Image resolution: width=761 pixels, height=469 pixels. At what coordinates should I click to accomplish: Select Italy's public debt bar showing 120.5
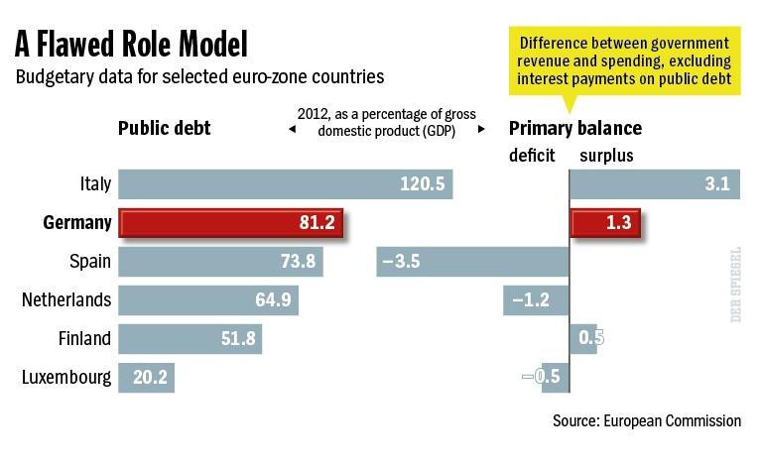[285, 183]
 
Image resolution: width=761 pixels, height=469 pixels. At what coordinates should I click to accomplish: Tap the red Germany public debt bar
[230, 223]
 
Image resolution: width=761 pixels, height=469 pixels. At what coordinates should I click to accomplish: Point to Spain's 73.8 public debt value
[298, 262]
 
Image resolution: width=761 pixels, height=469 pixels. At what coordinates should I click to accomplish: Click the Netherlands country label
[66, 299]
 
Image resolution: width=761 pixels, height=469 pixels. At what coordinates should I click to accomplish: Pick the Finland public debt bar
[190, 338]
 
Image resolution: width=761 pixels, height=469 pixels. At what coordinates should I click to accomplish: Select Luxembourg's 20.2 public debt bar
[146, 377]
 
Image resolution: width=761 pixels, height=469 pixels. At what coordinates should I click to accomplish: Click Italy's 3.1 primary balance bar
[655, 183]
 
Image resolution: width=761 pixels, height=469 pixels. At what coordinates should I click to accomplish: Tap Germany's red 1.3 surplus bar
[604, 223]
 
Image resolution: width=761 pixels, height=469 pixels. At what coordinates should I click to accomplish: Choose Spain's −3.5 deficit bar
[472, 262]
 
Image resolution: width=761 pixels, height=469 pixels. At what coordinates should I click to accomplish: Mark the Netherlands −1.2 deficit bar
[536, 299]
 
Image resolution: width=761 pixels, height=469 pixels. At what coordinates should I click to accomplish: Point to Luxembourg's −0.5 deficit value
[542, 377]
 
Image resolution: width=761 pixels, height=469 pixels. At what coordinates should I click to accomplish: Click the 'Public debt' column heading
[165, 128]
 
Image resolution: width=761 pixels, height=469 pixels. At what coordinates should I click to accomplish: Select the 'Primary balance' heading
[575, 128]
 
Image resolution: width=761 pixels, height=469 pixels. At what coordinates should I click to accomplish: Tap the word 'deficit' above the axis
[532, 156]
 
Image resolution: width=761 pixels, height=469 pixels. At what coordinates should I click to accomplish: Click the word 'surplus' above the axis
[606, 156]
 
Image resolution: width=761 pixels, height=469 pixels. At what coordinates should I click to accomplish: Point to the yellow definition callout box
[624, 60]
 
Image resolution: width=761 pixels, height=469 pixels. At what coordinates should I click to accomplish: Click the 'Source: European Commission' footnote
[647, 420]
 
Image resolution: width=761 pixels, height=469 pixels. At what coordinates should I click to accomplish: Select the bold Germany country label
[77, 223]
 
